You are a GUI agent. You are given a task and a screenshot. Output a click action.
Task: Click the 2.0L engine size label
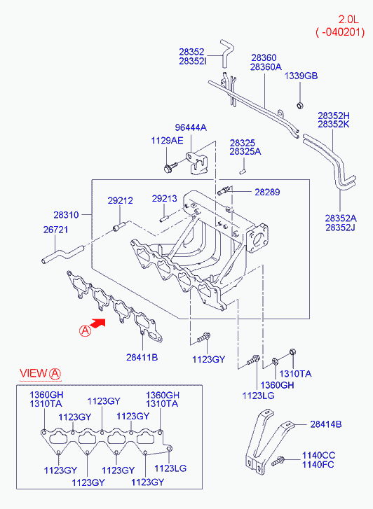click(x=348, y=20)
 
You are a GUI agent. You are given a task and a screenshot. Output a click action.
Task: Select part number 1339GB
click(x=301, y=76)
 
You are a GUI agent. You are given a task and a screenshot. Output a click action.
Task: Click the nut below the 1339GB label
click(x=300, y=105)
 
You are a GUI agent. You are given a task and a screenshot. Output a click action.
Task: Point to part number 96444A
click(x=191, y=127)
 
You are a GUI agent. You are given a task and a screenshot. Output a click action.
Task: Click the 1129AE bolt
click(x=170, y=167)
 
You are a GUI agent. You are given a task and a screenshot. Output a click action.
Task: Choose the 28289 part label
click(x=267, y=192)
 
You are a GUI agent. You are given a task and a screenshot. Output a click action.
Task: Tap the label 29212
click(x=121, y=201)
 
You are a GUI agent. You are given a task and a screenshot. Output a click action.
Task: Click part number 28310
click(x=66, y=215)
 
